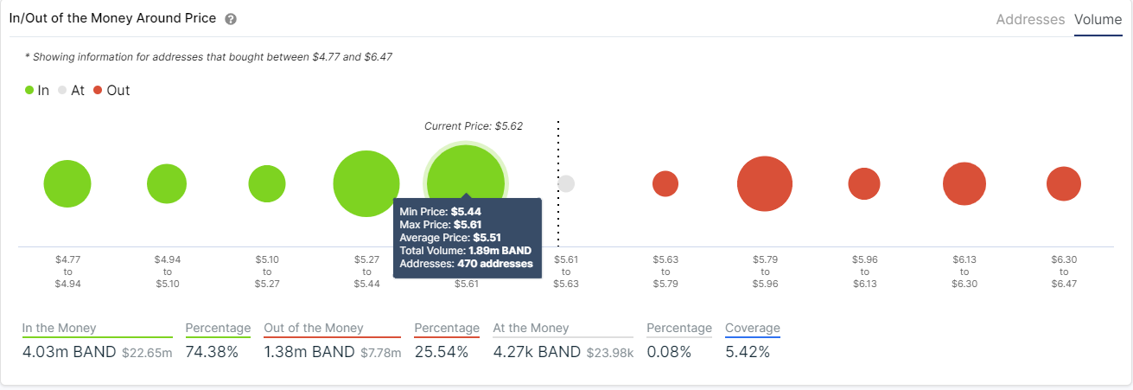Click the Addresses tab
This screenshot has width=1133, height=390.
pyautogui.click(x=1030, y=19)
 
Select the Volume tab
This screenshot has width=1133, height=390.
pyautogui.click(x=1098, y=19)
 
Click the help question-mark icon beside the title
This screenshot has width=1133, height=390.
pyautogui.click(x=230, y=19)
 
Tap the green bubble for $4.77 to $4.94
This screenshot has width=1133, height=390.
pyautogui.click(x=67, y=183)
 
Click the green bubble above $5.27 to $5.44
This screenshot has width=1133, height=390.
pyautogui.click(x=366, y=183)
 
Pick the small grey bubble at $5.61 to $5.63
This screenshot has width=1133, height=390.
pyautogui.click(x=566, y=183)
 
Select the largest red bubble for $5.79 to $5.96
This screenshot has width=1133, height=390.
pyautogui.click(x=765, y=183)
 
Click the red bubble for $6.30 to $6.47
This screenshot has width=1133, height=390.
pyautogui.click(x=1064, y=183)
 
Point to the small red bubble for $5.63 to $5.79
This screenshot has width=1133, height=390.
pyautogui.click(x=665, y=183)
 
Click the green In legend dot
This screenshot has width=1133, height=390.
pyautogui.click(x=29, y=90)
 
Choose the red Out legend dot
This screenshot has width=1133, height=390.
pyautogui.click(x=98, y=90)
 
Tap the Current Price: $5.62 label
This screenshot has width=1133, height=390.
pyautogui.click(x=474, y=126)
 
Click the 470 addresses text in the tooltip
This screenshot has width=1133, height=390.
pyautogui.click(x=494, y=264)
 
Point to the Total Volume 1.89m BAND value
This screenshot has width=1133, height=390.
pyautogui.click(x=500, y=251)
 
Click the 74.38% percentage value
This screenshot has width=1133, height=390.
pyautogui.click(x=212, y=352)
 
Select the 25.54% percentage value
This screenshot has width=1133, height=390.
pyautogui.click(x=441, y=352)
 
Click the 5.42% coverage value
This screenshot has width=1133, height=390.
pyautogui.click(x=748, y=352)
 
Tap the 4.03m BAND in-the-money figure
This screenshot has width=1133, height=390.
pyautogui.click(x=69, y=352)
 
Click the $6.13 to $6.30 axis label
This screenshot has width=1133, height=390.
pyautogui.click(x=964, y=271)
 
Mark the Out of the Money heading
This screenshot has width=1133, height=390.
pyautogui.click(x=313, y=329)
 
